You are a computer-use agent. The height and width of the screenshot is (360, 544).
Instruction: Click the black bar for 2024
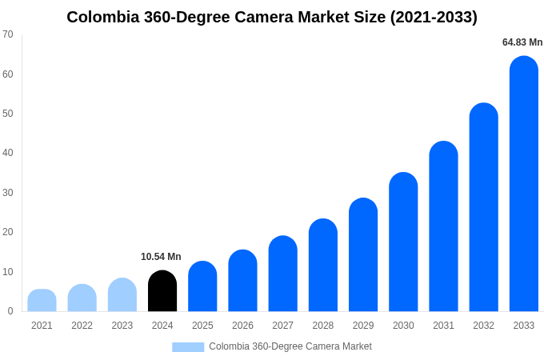click(162, 291)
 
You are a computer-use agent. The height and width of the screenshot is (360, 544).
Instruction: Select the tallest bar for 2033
click(523, 184)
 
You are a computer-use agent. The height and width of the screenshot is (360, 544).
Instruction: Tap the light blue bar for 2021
click(42, 301)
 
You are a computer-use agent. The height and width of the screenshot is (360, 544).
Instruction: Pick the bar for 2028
click(322, 266)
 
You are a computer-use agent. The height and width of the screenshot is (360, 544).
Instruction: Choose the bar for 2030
click(403, 242)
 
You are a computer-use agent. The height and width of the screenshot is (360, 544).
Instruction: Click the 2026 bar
click(242, 281)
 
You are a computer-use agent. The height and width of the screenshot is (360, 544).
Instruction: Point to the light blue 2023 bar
click(122, 295)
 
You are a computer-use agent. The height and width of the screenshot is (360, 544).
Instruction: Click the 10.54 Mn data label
click(161, 257)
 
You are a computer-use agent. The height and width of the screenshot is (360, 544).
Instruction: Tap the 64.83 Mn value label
click(522, 42)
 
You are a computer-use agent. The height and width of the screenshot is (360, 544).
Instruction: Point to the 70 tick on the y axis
click(8, 34)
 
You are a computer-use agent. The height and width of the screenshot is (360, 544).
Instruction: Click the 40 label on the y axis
click(8, 153)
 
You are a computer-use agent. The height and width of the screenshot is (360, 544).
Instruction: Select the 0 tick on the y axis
click(10, 311)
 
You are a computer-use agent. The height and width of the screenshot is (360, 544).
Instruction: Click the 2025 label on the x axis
click(202, 326)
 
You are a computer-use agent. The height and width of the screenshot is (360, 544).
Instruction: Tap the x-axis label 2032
click(483, 326)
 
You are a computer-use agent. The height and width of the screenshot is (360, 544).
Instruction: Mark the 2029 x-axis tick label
click(362, 326)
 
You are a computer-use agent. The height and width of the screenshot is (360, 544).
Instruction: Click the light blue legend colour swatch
click(188, 347)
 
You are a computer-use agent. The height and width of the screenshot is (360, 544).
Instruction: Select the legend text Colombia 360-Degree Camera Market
click(290, 346)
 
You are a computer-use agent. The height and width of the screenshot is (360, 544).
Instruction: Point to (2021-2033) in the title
click(434, 17)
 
